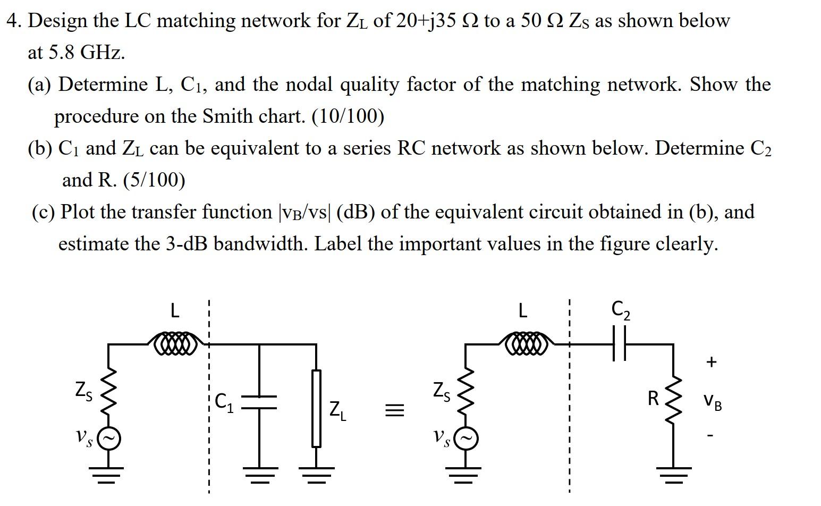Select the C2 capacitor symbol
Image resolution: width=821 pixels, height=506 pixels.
click(x=619, y=344)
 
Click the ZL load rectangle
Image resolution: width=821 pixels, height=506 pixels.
click(x=316, y=408)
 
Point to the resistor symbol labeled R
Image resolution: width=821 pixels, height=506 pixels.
click(x=673, y=399)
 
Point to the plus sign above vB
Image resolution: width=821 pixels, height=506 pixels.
click(x=712, y=362)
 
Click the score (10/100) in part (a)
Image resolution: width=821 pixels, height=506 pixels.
click(x=348, y=116)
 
